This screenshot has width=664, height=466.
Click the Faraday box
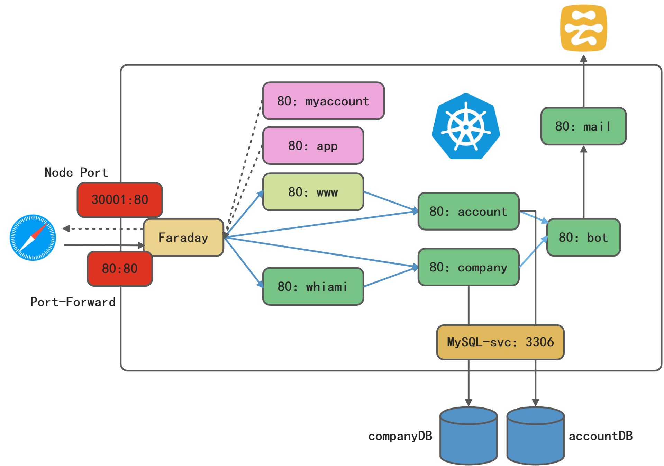coord(183,238)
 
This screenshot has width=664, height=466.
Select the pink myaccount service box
coord(323,101)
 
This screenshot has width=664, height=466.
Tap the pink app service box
coord(313,146)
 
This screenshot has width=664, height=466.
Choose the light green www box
coord(313,192)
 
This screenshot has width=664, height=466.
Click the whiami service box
coord(313,287)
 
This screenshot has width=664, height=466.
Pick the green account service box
coord(468,212)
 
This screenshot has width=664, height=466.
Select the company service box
coord(468,267)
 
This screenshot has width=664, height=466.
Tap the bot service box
coord(583,238)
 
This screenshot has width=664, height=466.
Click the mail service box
coord(583,126)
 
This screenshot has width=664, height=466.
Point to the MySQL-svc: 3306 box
coord(500,342)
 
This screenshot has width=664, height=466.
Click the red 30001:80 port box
coord(120,200)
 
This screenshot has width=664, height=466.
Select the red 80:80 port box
coord(120,269)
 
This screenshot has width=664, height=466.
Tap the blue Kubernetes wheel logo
coord(466,127)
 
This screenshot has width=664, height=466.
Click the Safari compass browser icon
coord(33,238)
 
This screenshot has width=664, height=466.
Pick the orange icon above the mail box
coord(583,28)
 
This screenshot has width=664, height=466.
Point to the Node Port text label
coord(76,172)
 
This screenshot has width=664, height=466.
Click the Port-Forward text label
coord(73,302)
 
